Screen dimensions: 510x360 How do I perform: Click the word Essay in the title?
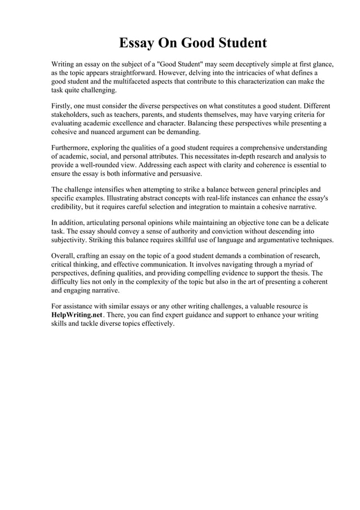tap(138, 43)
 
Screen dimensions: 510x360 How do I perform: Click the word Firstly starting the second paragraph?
tap(63, 106)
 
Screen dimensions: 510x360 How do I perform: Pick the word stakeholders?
tap(71, 115)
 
